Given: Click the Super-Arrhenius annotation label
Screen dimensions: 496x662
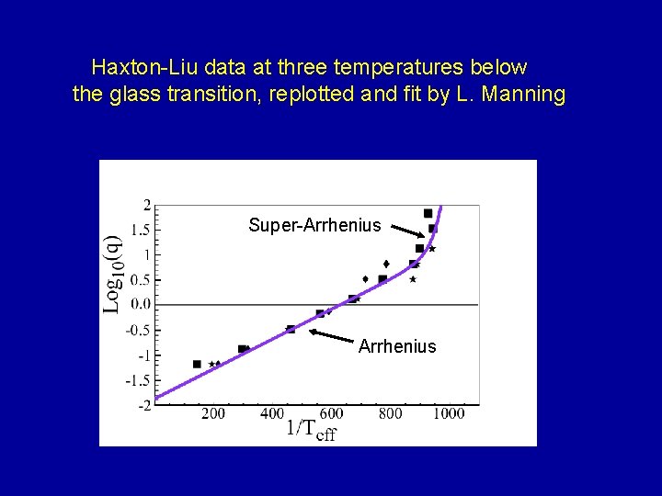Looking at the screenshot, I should pos(314,225).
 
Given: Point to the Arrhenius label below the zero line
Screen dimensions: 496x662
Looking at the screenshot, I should pos(397,346).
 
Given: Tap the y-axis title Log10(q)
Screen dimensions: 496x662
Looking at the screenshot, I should pos(111,272).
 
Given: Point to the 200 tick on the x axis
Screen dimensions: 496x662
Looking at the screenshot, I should pos(212,413).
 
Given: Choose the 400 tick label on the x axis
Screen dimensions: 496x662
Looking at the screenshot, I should pos(272,413).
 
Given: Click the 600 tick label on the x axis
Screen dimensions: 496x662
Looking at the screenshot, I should pos(331,413).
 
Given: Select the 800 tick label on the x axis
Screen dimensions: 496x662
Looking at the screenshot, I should pos(390,413).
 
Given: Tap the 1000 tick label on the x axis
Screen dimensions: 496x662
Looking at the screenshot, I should pos(449,413).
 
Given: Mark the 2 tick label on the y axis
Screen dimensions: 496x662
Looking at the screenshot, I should pos(147,204).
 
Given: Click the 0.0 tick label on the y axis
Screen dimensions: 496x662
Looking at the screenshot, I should pos(141,304).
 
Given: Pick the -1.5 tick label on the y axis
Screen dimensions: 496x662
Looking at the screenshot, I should pos(138,380).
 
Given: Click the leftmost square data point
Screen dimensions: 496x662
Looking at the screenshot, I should pos(197,364).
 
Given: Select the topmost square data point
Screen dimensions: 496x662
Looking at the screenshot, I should pos(428,213).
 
